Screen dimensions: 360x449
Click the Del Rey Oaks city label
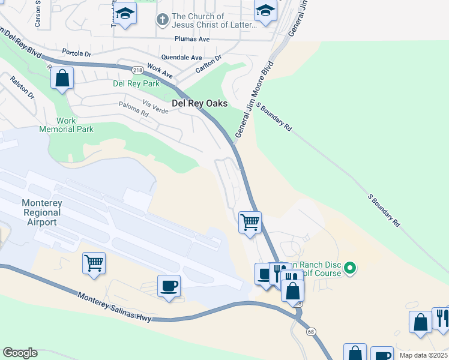(x=199, y=103)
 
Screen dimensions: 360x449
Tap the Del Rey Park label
(x=136, y=83)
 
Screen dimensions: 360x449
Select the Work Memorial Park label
(x=66, y=125)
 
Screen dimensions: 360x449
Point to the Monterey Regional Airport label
(x=42, y=212)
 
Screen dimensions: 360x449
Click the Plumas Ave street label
(x=192, y=39)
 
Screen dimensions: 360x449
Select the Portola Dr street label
(x=79, y=53)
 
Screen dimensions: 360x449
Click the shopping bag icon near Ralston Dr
(x=62, y=78)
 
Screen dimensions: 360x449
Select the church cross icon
(x=161, y=20)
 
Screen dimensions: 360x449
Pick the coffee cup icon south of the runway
(x=169, y=285)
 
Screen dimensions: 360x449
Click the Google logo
(x=20, y=353)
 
